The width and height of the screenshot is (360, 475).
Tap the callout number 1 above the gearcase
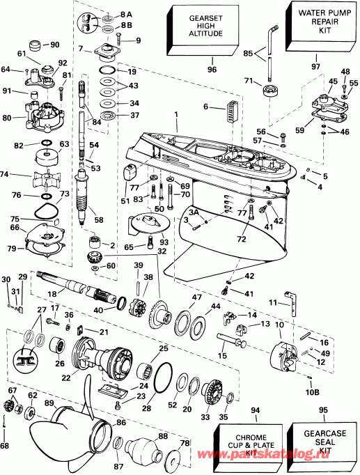176,113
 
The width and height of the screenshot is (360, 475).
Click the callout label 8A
125,13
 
